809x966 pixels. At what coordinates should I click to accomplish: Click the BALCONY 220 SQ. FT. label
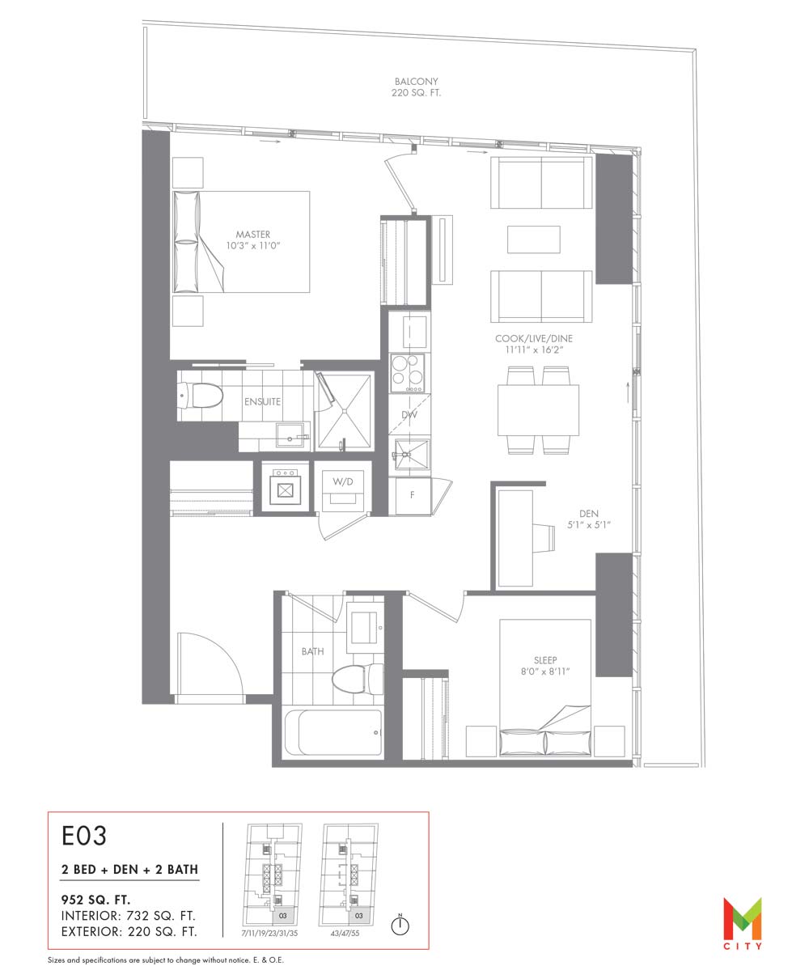pos(417,87)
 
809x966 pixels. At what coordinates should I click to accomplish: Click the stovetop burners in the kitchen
pos(407,373)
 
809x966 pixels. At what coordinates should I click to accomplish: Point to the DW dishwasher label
pos(409,414)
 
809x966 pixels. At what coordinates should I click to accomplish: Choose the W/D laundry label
pos(343,481)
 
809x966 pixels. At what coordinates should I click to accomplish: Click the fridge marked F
pos(411,494)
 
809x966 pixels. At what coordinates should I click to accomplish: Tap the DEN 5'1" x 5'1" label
pos(588,519)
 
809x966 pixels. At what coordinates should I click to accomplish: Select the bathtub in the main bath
pos(332,732)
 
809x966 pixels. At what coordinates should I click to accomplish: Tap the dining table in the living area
pos(538,409)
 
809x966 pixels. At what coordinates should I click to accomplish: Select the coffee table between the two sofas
pos(534,239)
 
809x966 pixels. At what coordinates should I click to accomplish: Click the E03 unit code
pos(84,836)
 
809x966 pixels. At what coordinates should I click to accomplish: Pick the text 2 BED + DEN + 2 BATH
pos(130,869)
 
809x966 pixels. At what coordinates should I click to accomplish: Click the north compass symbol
pos(400,924)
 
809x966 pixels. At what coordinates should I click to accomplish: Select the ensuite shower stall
pos(344,411)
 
